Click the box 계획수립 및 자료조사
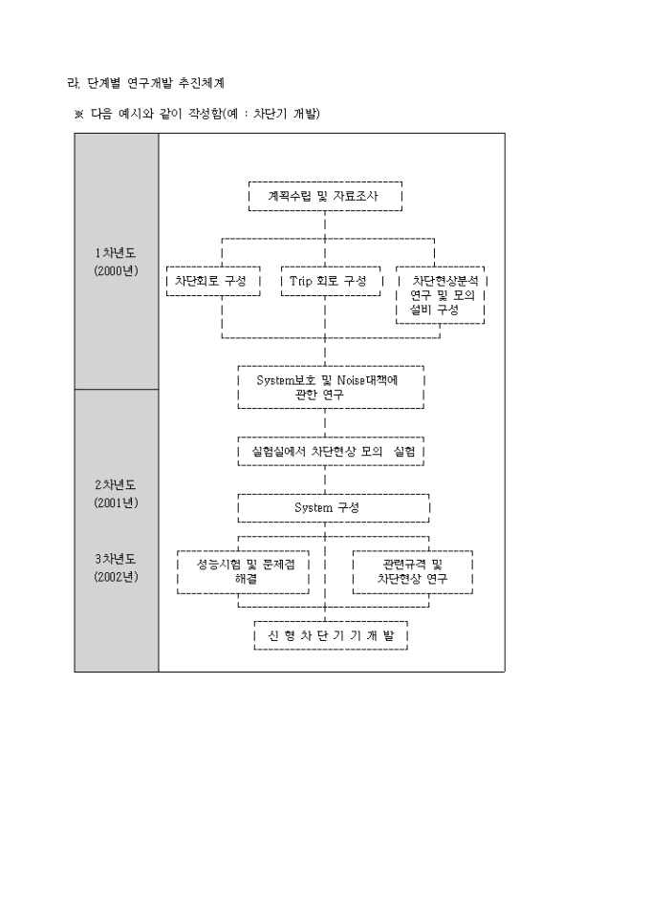pyautogui.click(x=324, y=196)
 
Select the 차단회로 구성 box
pyautogui.click(x=212, y=281)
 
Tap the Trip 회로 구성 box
pyautogui.click(x=328, y=281)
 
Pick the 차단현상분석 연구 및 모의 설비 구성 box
pyautogui.click(x=441, y=296)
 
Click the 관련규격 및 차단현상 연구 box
pyautogui.click(x=412, y=571)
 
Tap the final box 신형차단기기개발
pyautogui.click(x=331, y=635)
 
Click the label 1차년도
pyautogui.click(x=116, y=253)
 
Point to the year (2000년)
pyautogui.click(x=116, y=270)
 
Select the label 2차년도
pyautogui.click(x=116, y=484)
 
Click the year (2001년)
pyautogui.click(x=116, y=502)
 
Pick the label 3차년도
pyautogui.click(x=116, y=558)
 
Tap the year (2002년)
pyautogui.click(x=116, y=576)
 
